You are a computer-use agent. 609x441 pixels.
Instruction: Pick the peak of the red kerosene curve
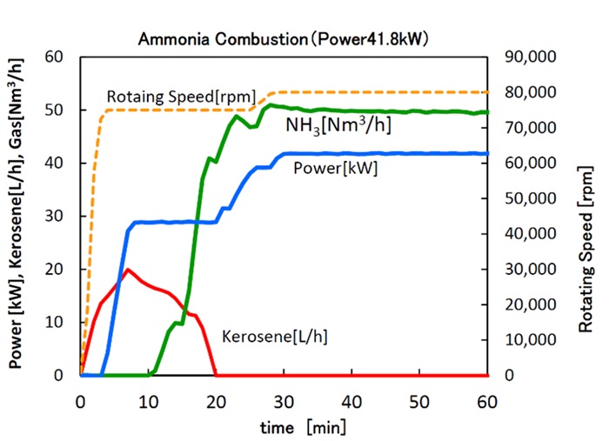point(129,270)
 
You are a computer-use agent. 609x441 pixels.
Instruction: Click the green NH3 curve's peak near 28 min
point(271,105)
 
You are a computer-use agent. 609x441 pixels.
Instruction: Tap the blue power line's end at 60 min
point(487,153)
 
